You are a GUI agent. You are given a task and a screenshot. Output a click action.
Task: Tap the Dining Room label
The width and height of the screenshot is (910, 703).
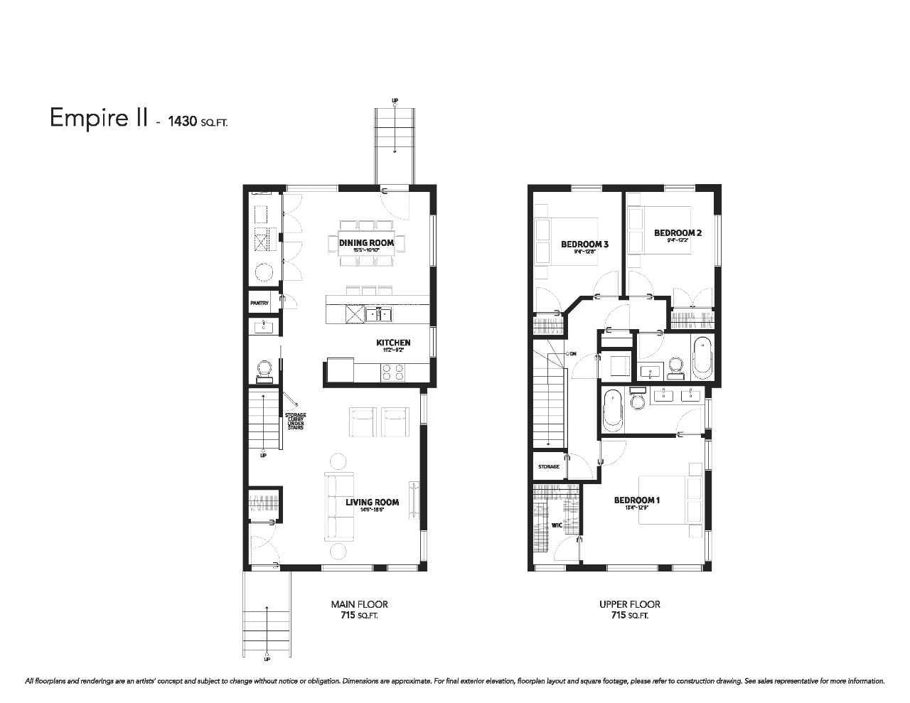(366, 243)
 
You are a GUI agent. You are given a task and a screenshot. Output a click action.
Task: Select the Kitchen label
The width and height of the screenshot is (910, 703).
(393, 343)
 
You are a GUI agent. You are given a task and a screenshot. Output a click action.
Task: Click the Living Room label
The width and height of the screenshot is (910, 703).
(372, 502)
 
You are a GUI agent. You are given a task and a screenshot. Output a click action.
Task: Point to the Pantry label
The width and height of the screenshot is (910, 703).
(259, 303)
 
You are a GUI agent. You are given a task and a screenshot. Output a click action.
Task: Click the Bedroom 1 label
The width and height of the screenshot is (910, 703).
(637, 500)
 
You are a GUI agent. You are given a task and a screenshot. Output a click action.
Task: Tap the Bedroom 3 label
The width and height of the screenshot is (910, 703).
(584, 245)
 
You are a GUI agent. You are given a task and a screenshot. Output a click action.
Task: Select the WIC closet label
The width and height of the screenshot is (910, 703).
(538, 526)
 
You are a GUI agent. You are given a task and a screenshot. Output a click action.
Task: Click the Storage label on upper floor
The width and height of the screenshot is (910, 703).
(548, 467)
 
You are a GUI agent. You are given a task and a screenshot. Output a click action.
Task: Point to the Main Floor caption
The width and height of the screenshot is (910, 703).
(359, 604)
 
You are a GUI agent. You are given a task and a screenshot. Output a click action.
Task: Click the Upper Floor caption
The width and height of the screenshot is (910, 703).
(629, 604)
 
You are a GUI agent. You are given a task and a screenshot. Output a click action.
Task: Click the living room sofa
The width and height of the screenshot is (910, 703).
(339, 506)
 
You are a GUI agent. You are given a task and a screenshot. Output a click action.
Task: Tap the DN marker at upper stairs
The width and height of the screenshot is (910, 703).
(571, 353)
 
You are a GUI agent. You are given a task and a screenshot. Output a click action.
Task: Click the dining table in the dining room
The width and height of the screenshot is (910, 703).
(366, 244)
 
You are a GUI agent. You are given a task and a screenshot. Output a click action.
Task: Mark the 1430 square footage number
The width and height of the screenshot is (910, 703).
(183, 121)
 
